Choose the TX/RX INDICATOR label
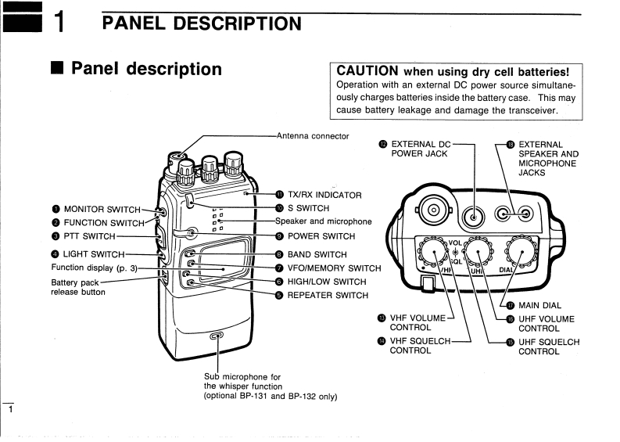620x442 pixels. pos(324,195)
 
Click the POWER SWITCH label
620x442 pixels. pos(321,236)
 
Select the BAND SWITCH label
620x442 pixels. pos(317,254)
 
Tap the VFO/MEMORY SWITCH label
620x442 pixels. pos(334,268)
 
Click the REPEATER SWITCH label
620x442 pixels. pos(328,296)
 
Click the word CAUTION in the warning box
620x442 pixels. pos(367,72)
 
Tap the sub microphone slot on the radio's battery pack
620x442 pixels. pos(217,336)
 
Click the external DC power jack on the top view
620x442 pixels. pos(474,211)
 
